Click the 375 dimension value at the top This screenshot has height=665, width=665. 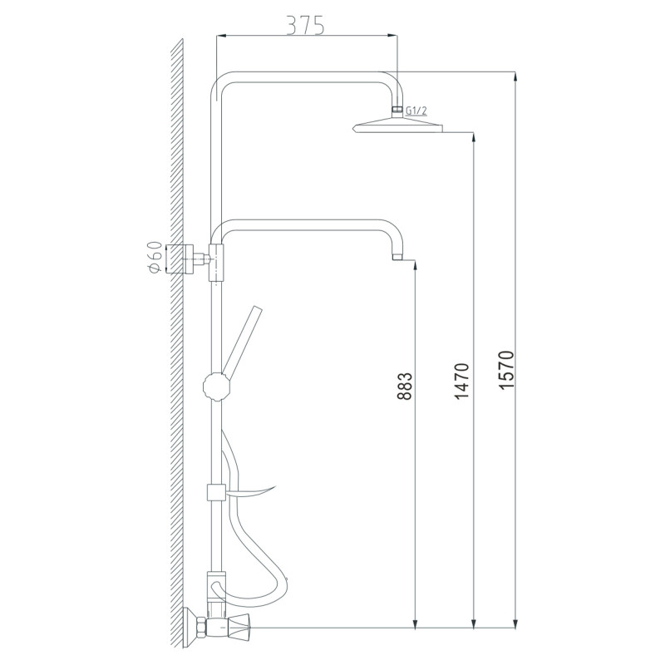pos(305,25)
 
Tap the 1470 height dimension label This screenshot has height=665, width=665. pos(463,380)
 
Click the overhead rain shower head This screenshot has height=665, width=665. pos(399,126)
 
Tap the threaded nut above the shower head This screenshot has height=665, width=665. pos(398,110)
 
